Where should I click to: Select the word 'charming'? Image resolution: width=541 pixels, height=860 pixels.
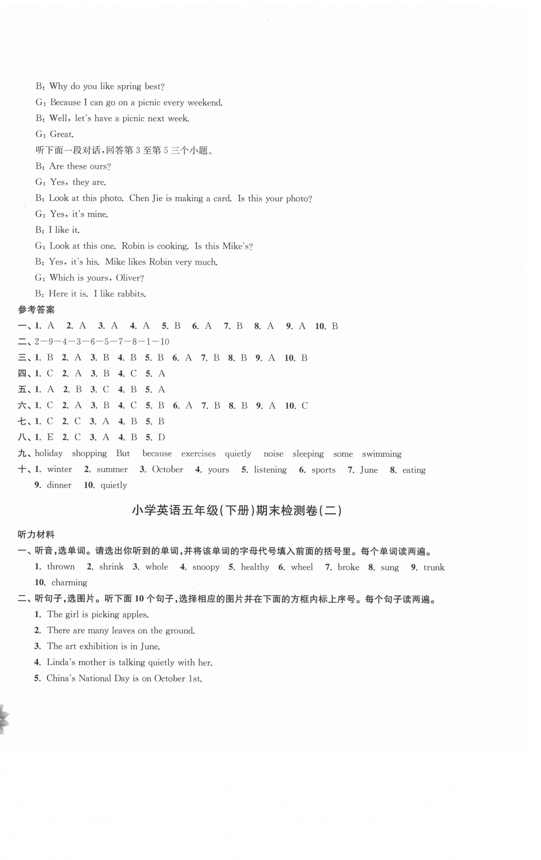[x=69, y=583]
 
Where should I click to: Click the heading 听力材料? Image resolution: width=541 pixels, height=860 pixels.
[x=36, y=535]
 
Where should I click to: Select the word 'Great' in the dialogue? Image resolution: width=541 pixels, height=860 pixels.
[x=61, y=134]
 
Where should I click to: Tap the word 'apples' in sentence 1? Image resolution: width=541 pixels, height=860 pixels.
[x=135, y=614]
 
